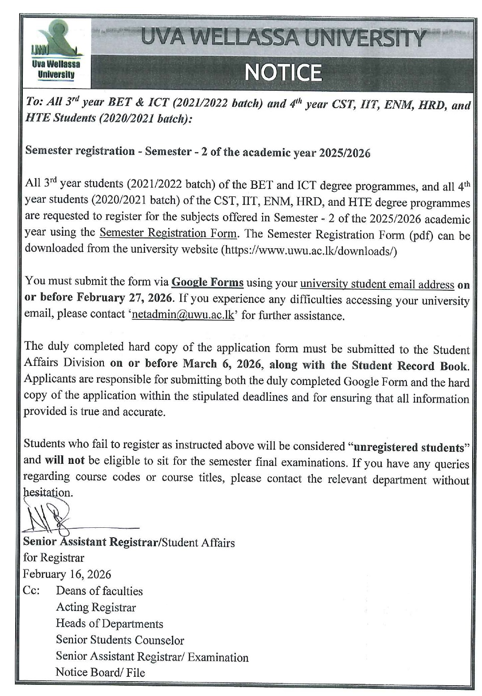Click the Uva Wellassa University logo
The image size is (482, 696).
56,53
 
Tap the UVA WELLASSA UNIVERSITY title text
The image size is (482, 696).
283,38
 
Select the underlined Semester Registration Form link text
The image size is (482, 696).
168,233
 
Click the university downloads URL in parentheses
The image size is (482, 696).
309,250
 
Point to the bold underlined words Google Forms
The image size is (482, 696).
207,282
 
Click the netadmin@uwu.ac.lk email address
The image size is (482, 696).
183,315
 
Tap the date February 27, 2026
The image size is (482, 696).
127,298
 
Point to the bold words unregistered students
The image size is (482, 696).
408,447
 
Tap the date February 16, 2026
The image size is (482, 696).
67,574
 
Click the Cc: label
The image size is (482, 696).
31,590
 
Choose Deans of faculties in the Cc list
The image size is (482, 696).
99,591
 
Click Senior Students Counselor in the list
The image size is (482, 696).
119,640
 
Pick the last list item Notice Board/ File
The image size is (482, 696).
100,672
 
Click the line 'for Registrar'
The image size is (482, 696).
54,558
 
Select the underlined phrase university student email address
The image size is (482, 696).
377,284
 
